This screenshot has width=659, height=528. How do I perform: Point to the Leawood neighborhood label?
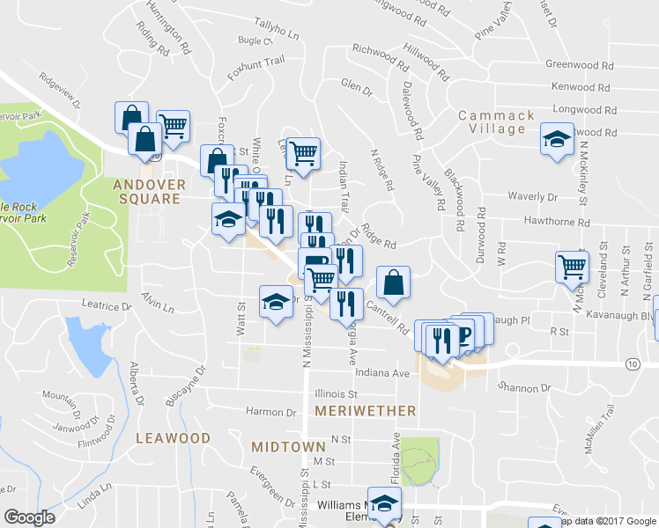tap(174, 437)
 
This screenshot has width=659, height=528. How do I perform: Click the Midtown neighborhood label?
tap(288, 447)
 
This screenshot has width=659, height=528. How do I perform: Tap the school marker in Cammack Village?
tap(556, 140)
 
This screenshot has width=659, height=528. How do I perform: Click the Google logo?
tap(29, 517)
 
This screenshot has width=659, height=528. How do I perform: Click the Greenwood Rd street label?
tap(579, 65)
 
